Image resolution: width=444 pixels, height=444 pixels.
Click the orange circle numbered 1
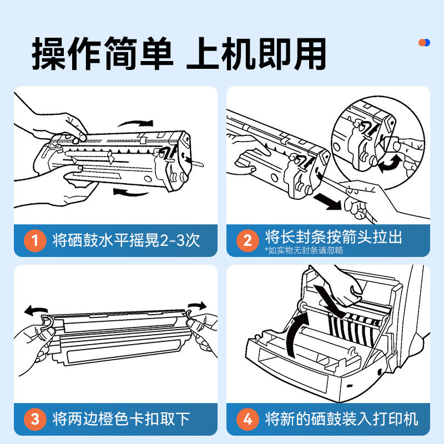36,240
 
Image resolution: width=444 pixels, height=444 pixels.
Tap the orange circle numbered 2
248,240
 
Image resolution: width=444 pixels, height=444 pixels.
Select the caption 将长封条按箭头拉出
333,237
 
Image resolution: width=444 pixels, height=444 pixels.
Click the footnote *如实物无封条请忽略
304,250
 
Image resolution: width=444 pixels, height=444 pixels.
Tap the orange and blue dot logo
424,43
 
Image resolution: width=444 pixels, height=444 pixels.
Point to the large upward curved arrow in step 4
297,333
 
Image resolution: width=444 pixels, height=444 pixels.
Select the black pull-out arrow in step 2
326,201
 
